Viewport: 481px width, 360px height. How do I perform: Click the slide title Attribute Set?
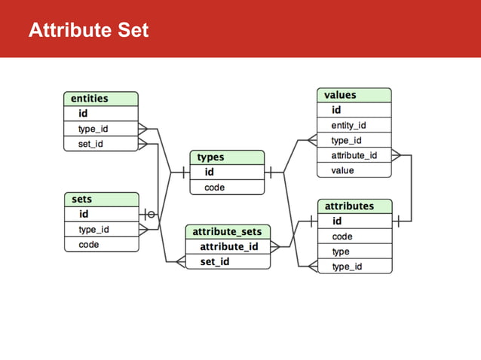(88, 31)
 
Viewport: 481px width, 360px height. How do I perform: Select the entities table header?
(100, 99)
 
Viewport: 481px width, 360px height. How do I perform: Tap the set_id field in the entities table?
(100, 144)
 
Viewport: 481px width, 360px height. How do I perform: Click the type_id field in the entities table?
(100, 129)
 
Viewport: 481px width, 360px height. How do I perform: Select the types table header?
(227, 157)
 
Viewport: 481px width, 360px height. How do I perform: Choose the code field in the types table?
(227, 188)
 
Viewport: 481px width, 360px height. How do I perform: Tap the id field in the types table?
(227, 172)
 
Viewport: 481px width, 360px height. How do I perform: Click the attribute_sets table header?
(228, 231)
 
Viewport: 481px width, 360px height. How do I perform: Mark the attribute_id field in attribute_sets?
(228, 246)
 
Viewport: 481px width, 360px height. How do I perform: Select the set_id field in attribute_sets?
(228, 262)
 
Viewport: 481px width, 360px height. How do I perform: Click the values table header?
(354, 95)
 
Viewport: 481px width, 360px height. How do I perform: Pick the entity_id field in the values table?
(354, 125)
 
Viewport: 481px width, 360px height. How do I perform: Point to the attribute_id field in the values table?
(354, 155)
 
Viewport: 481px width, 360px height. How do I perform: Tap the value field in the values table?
(354, 170)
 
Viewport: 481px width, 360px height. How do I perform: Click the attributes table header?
(355, 206)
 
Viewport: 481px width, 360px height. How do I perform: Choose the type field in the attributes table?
(355, 252)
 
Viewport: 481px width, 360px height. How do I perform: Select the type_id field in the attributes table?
(355, 267)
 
